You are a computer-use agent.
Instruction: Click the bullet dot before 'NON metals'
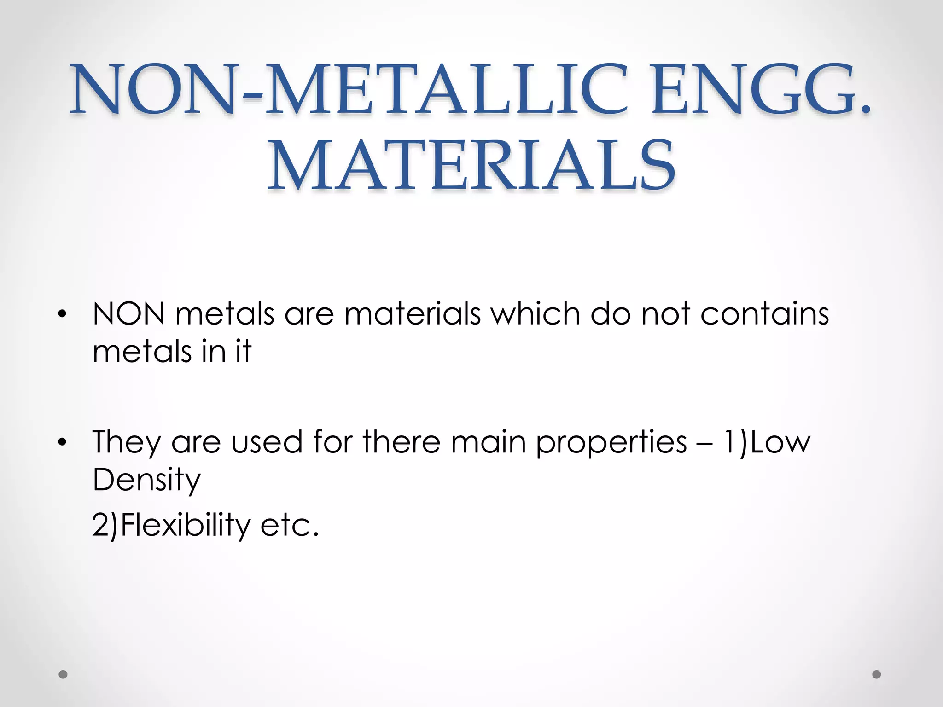click(x=63, y=315)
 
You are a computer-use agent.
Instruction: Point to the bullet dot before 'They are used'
click(x=63, y=442)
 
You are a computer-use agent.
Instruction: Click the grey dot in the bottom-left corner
click(x=63, y=674)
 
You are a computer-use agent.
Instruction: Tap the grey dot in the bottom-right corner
click(x=877, y=674)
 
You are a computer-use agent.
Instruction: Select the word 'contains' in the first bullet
click(x=764, y=314)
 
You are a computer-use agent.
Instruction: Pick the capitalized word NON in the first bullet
click(x=128, y=314)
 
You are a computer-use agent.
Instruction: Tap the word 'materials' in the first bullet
click(x=413, y=314)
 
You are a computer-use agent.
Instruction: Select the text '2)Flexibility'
click(x=171, y=526)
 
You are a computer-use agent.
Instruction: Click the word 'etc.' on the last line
click(x=290, y=526)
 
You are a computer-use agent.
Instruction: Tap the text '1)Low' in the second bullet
click(x=767, y=442)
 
